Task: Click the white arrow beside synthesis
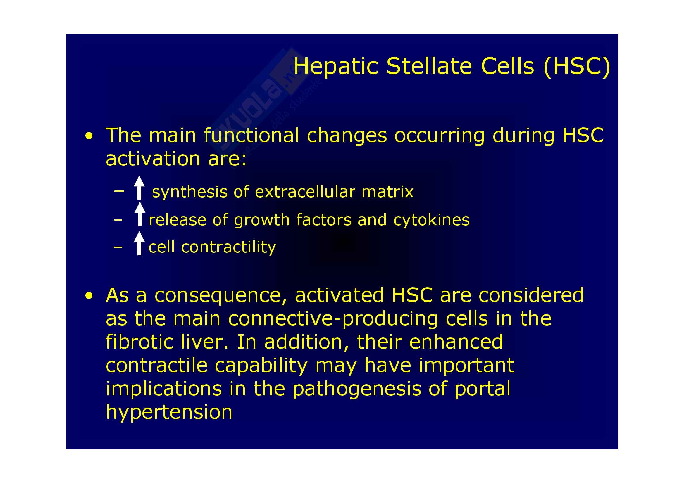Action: pyautogui.click(x=139, y=188)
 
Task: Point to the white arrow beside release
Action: pyautogui.click(x=140, y=214)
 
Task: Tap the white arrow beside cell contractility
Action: pyautogui.click(x=139, y=243)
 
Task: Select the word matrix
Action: pyautogui.click(x=387, y=192)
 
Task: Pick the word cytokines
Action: pyautogui.click(x=431, y=221)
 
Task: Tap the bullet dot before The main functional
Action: pyautogui.click(x=89, y=136)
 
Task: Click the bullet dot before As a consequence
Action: pyautogui.click(x=89, y=296)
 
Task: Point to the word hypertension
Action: pyautogui.click(x=169, y=413)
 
